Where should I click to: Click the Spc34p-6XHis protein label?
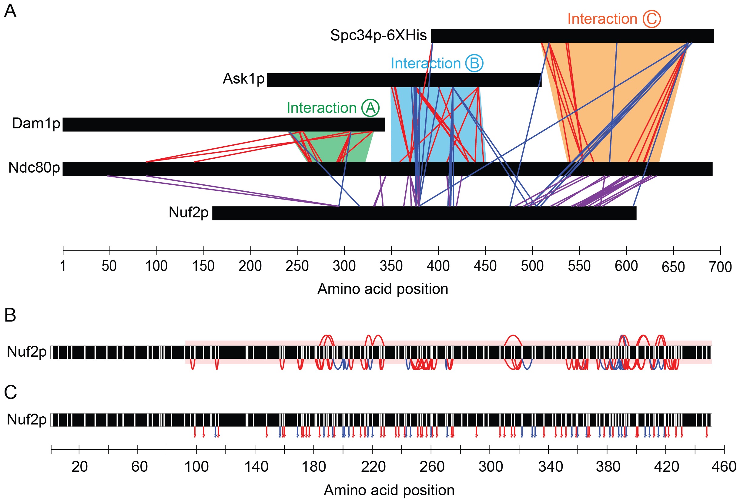[378, 35]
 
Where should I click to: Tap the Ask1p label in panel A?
[244, 78]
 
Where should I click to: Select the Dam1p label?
[36, 123]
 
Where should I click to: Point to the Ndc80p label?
[34, 167]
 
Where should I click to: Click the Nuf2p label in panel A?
[189, 212]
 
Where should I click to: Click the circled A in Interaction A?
[370, 108]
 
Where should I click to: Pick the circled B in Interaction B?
[474, 63]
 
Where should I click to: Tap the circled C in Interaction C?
[651, 19]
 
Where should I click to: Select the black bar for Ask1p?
[404, 80]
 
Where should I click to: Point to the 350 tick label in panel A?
[391, 266]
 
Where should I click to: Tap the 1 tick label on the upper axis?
[63, 266]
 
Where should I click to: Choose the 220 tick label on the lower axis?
[373, 467]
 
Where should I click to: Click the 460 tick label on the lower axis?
[724, 467]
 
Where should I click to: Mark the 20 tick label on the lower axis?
[79, 467]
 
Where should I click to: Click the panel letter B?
[10, 315]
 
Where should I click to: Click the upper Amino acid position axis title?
[383, 289]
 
